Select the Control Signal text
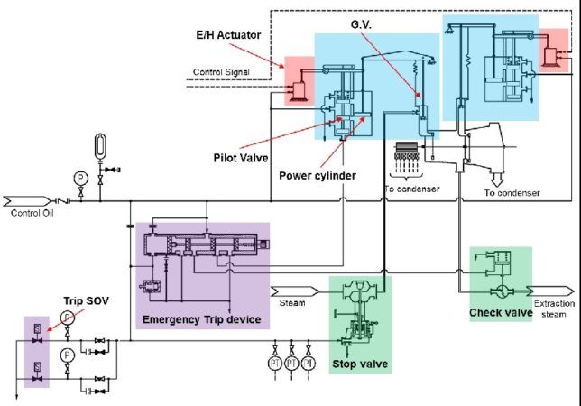(225, 70)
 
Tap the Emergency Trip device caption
(201, 319)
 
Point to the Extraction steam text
(554, 309)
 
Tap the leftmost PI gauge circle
(274, 363)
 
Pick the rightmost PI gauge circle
(309, 363)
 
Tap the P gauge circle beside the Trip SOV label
(66, 317)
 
